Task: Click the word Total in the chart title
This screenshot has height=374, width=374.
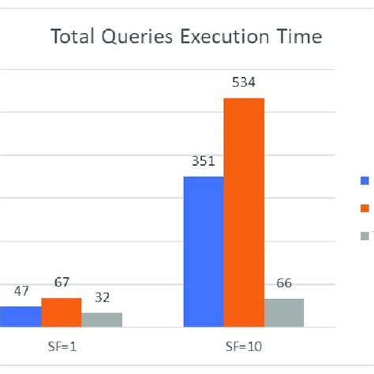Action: coord(71,38)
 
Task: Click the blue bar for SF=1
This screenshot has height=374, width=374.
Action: coord(21,316)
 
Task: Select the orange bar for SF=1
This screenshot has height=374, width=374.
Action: coord(62,312)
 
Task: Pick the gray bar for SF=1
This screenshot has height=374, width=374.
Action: coord(102,320)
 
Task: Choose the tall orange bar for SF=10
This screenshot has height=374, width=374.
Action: coord(244,212)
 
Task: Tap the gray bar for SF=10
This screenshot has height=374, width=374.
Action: coord(284,312)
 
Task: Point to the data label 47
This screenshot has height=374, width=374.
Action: coord(21,291)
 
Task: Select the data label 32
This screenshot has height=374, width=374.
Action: coord(102,297)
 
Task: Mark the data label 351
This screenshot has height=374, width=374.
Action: coord(204,162)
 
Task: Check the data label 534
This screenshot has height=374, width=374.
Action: coord(244,84)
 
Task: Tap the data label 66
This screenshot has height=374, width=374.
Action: coord(284,283)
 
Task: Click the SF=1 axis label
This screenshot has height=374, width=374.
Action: coord(61,346)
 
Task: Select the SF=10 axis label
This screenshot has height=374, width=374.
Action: coord(243,346)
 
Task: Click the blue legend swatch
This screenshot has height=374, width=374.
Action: coord(365,180)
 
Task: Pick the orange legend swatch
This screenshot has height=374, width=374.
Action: coord(365,208)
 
